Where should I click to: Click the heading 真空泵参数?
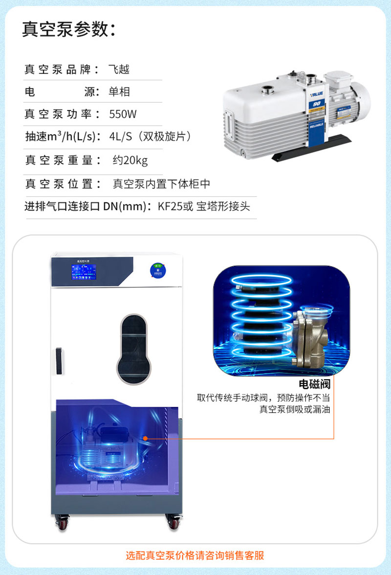tap(68, 29)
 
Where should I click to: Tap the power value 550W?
tap(123, 115)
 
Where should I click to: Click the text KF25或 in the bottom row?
tap(175, 207)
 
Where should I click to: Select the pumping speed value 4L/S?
tap(121, 137)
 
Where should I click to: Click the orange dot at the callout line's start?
tap(146, 438)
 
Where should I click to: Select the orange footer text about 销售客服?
tap(195, 555)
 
